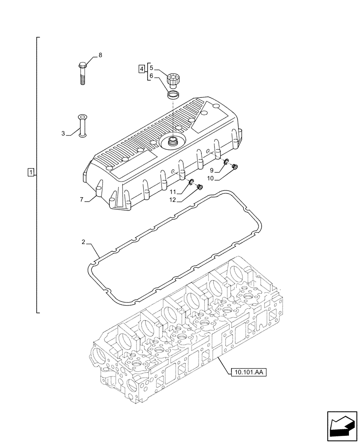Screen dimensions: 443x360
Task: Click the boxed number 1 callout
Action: coord(30,172)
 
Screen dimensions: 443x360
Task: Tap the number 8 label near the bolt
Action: coord(100,55)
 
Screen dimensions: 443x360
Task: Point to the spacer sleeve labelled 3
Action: coord(82,125)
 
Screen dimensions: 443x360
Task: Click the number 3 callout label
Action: coord(63,133)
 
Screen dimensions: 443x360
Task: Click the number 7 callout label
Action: coord(82,200)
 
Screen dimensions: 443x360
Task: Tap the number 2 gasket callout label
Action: coord(83,242)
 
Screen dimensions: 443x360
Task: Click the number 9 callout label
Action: coord(212,170)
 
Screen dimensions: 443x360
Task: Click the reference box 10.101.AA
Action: coord(248,373)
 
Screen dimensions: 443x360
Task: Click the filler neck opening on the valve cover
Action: coord(172,141)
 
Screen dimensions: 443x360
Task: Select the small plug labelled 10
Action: coord(235,167)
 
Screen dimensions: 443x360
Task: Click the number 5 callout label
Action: coord(151,68)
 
